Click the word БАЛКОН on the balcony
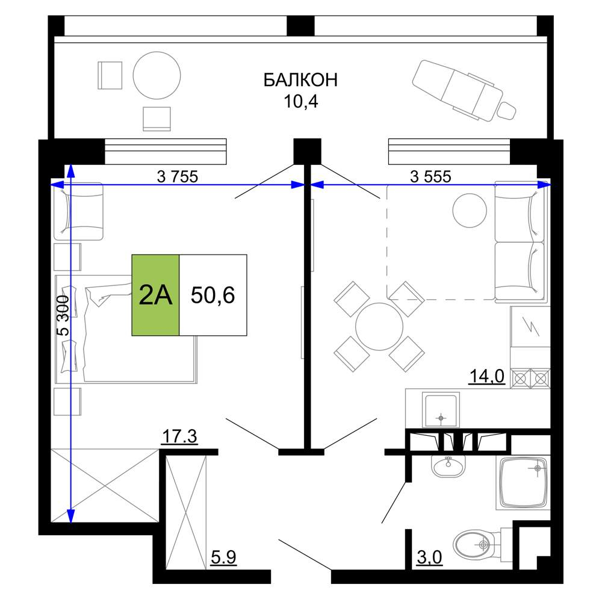pyautogui.click(x=300, y=80)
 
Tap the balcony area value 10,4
pyautogui.click(x=301, y=102)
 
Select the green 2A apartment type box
pyautogui.click(x=155, y=295)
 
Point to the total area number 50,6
pyautogui.click(x=213, y=295)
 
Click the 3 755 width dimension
pyautogui.click(x=178, y=176)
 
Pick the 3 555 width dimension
pyautogui.click(x=431, y=176)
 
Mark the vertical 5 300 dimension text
pyautogui.click(x=63, y=315)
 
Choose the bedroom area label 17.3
pyautogui.click(x=179, y=436)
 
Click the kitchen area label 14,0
pyautogui.click(x=487, y=376)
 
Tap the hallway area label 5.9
pyautogui.click(x=223, y=557)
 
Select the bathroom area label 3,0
pyautogui.click(x=429, y=557)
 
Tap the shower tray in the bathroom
pyautogui.click(x=523, y=482)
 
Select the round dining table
pyautogui.click(x=379, y=327)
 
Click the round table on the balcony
pyautogui.click(x=157, y=76)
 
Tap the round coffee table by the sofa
pyautogui.click(x=470, y=210)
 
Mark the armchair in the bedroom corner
pyautogui.click(x=78, y=211)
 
